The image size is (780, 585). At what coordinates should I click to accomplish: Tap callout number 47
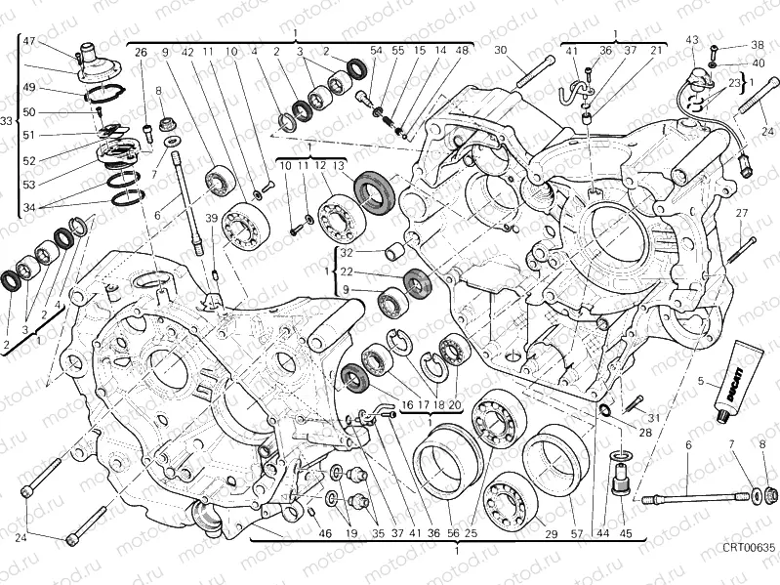point(28,41)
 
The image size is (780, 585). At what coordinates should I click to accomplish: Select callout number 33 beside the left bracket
point(7,121)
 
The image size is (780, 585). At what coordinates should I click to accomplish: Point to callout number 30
point(501,50)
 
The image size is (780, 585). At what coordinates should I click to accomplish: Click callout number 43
point(692,40)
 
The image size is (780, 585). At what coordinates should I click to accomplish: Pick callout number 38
point(758,46)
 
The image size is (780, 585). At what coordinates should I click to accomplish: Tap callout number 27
point(741,213)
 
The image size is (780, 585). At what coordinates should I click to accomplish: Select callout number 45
point(626,533)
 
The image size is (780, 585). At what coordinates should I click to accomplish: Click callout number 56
point(452,533)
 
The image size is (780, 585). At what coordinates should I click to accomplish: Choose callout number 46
point(325,533)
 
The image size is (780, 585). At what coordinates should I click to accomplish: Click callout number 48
point(462,50)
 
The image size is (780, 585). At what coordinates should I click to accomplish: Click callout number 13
point(339,167)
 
